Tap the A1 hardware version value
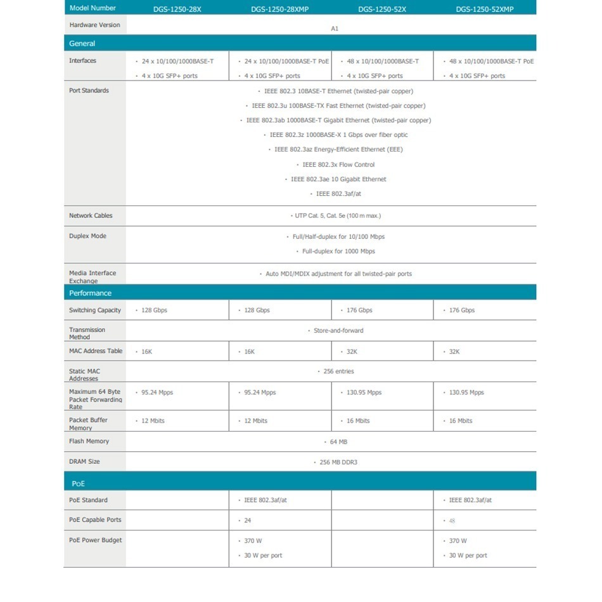[x=335, y=29]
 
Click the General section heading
[x=82, y=44]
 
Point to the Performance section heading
[x=90, y=293]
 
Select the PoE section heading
[x=78, y=484]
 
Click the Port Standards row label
[x=89, y=91]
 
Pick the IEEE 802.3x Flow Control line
[x=338, y=165]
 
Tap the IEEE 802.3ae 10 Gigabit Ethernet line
[x=338, y=179]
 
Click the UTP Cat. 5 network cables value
[x=337, y=215]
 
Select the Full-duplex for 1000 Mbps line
[x=338, y=252]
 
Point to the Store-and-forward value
[x=338, y=331]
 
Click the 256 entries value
[x=338, y=371]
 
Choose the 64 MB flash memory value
[x=338, y=442]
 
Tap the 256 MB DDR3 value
[x=338, y=462]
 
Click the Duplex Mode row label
[x=87, y=236]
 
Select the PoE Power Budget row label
[x=95, y=540]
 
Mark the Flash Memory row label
[x=89, y=441]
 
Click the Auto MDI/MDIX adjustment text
[x=337, y=274]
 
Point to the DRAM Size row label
[x=84, y=461]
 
